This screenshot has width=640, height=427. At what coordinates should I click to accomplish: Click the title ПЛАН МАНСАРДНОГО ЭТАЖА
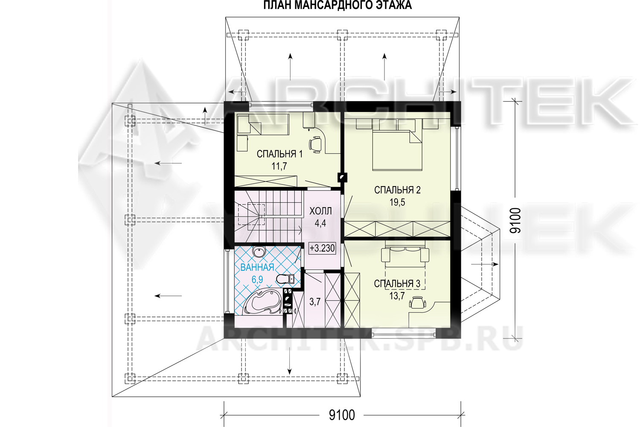point(337,5)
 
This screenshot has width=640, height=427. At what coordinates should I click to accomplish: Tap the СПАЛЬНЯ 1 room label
point(279,154)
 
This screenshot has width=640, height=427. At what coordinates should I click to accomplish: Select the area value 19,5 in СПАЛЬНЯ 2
point(397,202)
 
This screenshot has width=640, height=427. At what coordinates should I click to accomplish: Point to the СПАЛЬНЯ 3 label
point(397,284)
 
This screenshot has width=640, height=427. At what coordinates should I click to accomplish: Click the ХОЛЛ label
point(320,211)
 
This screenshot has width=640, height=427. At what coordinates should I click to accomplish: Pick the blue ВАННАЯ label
point(257,267)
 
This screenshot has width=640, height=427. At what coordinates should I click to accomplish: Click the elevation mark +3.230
point(322,248)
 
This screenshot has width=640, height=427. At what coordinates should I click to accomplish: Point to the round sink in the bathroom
point(259,252)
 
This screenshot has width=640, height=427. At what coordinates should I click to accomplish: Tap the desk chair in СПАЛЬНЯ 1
point(315,144)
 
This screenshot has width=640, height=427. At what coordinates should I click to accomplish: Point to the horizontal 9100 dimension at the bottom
point(342,415)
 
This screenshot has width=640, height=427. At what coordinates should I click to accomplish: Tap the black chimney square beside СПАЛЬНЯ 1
point(342,177)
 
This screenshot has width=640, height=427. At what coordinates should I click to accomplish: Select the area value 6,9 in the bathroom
point(257,279)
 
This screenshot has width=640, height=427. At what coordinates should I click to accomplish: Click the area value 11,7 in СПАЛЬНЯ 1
point(279,166)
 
